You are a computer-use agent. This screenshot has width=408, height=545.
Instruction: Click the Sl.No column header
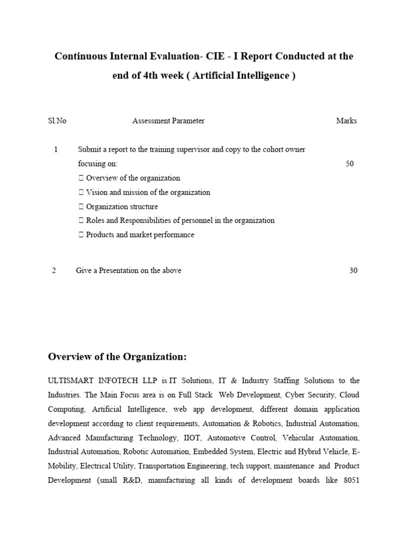pos(57,121)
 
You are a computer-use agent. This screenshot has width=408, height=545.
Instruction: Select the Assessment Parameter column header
pos(168,121)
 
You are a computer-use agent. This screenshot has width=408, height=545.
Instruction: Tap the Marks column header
pos(346,121)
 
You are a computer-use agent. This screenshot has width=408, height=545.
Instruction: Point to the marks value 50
pos(350,164)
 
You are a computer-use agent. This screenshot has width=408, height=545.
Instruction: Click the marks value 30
pos(353,270)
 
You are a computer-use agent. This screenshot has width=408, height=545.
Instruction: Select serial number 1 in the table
pos(56,150)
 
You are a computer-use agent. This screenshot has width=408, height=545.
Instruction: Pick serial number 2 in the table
pos(54,270)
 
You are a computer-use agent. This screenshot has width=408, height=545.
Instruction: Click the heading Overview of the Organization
pos(117,356)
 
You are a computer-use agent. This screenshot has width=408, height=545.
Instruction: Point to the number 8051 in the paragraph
pos(349,480)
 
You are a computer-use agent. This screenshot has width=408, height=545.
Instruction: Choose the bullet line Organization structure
pos(122,207)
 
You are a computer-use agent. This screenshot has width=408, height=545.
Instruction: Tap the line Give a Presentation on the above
pos(129,270)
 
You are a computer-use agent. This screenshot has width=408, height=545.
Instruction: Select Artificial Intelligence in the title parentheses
pos(241,76)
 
